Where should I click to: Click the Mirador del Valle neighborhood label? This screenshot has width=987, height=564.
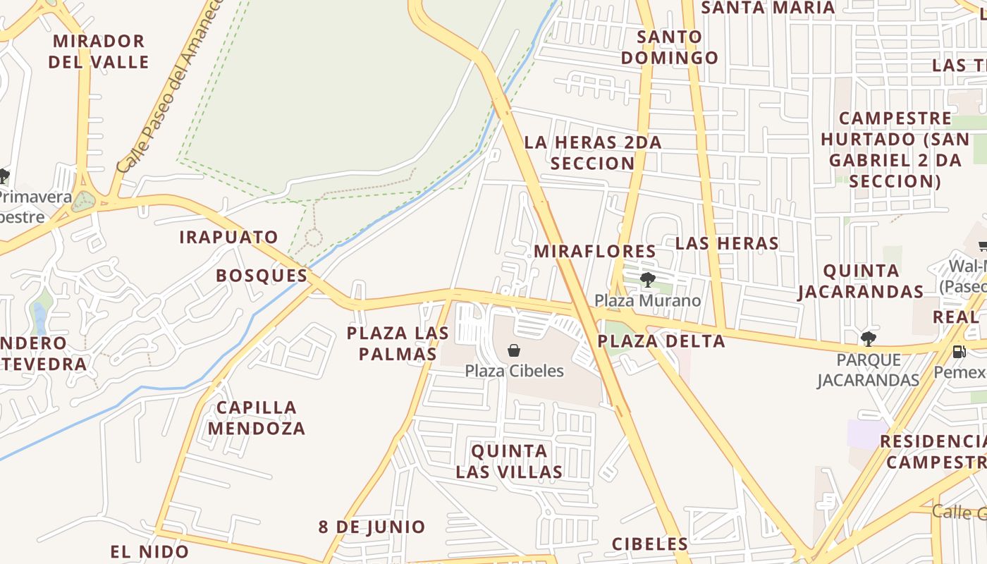pos(99,51)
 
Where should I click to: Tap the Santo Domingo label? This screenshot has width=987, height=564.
pos(669,47)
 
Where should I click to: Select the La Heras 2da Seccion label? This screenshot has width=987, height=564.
pos(593,153)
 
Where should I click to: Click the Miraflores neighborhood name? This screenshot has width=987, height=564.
pos(595,252)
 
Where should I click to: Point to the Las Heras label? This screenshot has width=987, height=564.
pos(727,244)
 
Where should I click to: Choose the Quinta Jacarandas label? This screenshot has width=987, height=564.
pos(861,281)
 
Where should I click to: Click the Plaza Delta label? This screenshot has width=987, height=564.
pos(661,342)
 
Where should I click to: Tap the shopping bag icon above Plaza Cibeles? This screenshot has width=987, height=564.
pos(515,350)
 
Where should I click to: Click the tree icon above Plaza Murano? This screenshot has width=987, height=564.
pos(647,281)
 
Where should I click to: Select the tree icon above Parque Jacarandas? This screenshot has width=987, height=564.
pos(869,339)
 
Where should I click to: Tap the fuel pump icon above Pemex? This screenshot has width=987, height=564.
pos(959,351)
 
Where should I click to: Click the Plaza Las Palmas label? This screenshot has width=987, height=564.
pos(398,343)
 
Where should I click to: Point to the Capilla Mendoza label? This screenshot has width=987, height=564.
pos(257,418)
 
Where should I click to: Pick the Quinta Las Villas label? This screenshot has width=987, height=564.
pos(509,462)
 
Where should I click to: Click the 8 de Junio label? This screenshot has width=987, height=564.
pos(372,527)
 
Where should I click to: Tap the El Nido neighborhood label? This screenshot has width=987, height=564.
pos(149,551)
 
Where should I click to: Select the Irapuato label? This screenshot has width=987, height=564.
pos(228,238)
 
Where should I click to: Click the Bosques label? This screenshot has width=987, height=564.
pos(262,276)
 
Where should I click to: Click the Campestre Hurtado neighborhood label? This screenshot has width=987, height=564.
pos(895,149)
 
